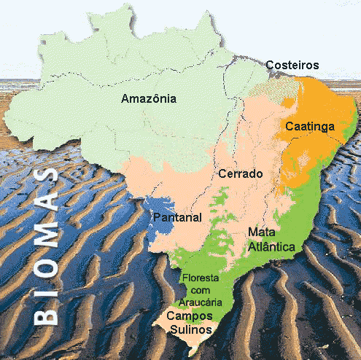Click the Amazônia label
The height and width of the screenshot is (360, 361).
click(149, 99)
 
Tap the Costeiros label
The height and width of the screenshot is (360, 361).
click(292, 66)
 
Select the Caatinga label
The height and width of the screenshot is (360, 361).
click(310, 127)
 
